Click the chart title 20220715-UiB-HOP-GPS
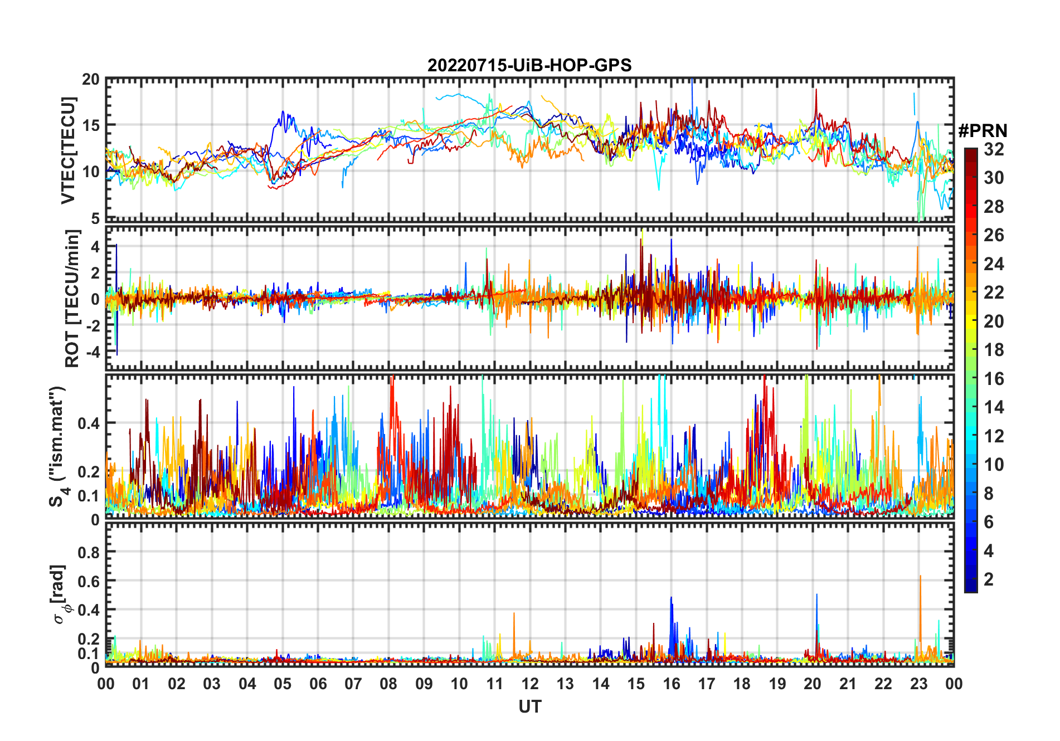(x=529, y=65)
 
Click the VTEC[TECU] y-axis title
(x=68, y=150)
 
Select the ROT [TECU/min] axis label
(x=72, y=298)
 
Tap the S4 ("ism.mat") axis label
(x=57, y=446)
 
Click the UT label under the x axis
(x=529, y=706)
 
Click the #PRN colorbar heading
(x=983, y=131)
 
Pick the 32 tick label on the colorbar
(x=994, y=149)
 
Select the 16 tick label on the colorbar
(x=994, y=379)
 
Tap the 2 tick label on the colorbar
(x=989, y=579)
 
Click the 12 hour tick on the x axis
(x=530, y=684)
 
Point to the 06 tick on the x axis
(x=318, y=684)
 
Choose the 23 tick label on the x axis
(x=918, y=684)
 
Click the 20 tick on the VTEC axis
(x=91, y=79)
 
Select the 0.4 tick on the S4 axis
(x=89, y=423)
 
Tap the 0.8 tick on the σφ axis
(x=89, y=552)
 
